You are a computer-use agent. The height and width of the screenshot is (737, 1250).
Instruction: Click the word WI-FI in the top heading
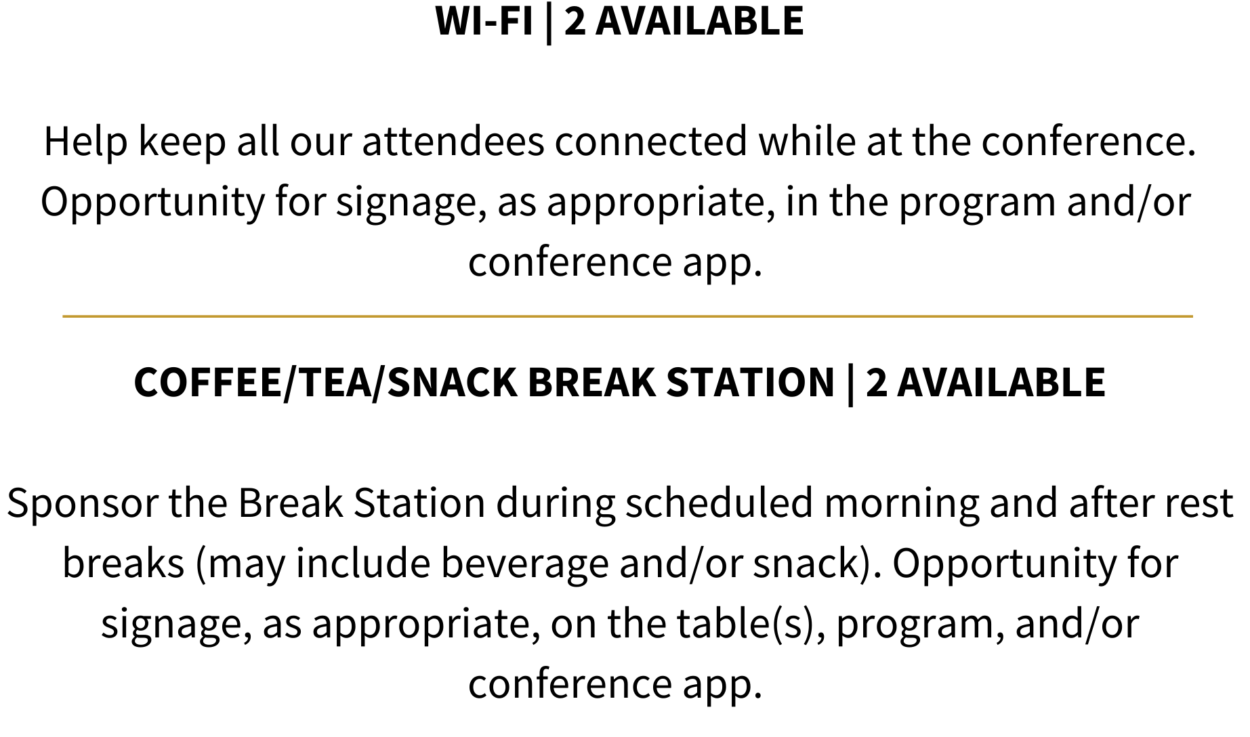(x=484, y=21)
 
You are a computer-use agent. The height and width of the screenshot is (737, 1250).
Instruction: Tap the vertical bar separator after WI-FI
(x=549, y=22)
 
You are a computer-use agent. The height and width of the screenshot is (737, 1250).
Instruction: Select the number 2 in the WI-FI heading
(x=575, y=21)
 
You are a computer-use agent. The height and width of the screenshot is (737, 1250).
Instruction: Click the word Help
(x=86, y=142)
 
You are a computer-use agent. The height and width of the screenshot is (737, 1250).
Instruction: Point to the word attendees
(x=453, y=142)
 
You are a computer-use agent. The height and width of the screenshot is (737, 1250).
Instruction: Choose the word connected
(x=651, y=142)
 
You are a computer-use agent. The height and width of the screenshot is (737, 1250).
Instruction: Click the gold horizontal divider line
(x=627, y=316)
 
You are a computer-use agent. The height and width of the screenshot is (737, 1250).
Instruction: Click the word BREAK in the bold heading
(x=591, y=382)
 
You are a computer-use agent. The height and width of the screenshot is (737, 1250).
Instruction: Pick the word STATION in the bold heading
(x=751, y=382)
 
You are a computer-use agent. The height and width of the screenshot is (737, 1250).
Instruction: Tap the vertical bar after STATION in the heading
(x=850, y=384)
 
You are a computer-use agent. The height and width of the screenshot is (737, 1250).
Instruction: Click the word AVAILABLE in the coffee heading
(x=1001, y=382)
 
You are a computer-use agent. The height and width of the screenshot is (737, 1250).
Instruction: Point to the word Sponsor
(x=82, y=504)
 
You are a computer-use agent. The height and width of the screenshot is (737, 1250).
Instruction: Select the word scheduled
(x=719, y=503)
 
